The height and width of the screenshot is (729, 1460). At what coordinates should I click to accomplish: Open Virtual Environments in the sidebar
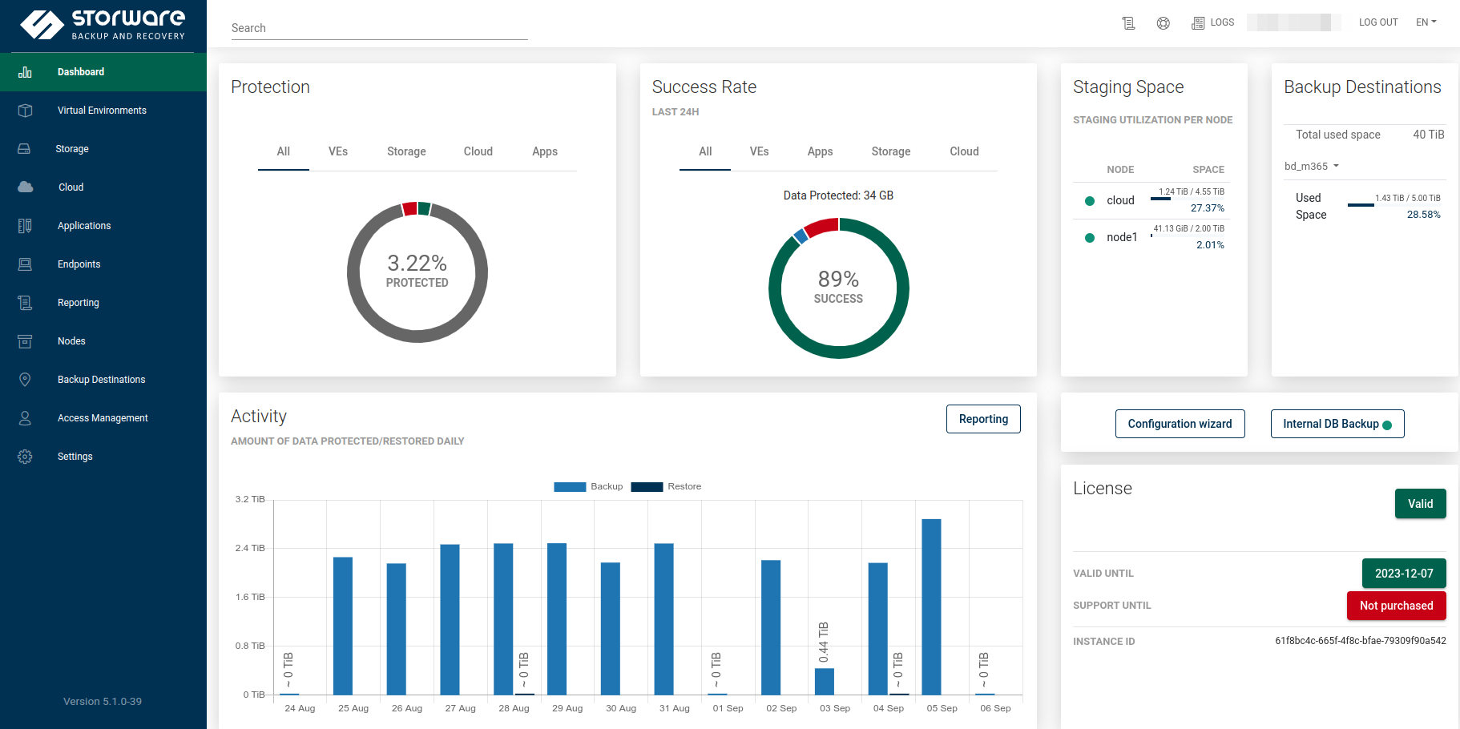(x=102, y=111)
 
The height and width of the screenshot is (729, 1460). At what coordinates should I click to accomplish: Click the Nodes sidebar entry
(x=71, y=341)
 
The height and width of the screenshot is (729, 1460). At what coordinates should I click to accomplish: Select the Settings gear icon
(x=25, y=457)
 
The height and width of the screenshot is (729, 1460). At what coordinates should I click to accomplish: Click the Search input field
(x=379, y=28)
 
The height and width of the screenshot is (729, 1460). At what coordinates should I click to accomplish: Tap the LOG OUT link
(x=1378, y=22)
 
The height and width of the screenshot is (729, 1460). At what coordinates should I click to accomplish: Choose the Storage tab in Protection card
(x=406, y=151)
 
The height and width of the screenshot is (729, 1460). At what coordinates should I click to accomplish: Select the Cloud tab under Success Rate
(x=964, y=151)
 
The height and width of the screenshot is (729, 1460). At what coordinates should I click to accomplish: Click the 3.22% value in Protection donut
(x=417, y=263)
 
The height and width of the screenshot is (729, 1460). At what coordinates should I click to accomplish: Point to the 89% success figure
(x=838, y=279)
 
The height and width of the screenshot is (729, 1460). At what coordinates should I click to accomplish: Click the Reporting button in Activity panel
(x=983, y=419)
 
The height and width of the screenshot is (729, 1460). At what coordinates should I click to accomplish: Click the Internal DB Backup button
(x=1337, y=424)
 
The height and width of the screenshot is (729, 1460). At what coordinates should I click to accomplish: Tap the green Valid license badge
(x=1420, y=504)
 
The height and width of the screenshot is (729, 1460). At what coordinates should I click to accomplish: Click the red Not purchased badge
(x=1396, y=606)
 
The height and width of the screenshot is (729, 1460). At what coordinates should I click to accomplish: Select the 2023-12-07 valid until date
(x=1404, y=574)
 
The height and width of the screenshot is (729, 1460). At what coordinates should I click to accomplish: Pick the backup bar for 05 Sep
(x=931, y=606)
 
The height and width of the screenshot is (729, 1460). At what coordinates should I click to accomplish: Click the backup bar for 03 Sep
(x=825, y=681)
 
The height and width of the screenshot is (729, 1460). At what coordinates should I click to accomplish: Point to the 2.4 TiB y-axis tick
(x=250, y=548)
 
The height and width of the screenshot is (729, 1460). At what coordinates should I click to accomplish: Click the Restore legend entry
(x=666, y=486)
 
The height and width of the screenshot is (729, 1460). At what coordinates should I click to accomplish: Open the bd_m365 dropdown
(x=1312, y=167)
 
